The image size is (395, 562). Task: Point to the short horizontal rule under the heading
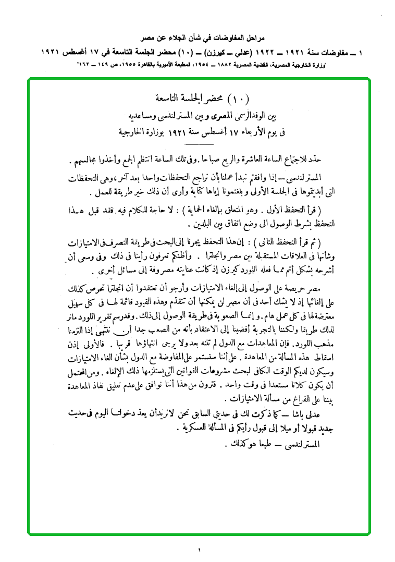(199, 143)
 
